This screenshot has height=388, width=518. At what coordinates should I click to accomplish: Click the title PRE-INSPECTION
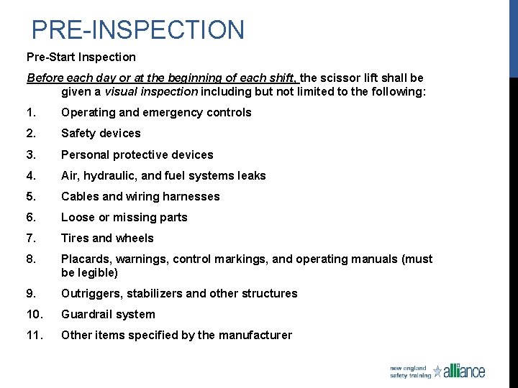click(x=138, y=30)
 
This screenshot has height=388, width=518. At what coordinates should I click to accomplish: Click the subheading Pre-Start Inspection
click(x=81, y=57)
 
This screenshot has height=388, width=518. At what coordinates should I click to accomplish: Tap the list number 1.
click(x=30, y=113)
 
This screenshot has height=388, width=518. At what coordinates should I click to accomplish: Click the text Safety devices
click(x=101, y=134)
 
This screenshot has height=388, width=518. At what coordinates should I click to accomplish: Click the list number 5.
click(x=30, y=196)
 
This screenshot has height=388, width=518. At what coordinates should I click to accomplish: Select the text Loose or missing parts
click(x=124, y=217)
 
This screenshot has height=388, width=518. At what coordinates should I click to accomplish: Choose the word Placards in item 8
click(x=86, y=259)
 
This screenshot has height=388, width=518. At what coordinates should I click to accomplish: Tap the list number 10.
click(x=33, y=314)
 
